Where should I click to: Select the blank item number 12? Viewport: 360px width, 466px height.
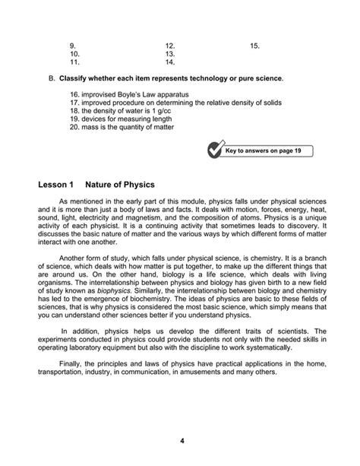click(169, 46)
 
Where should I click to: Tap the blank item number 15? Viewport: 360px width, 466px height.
click(254, 46)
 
